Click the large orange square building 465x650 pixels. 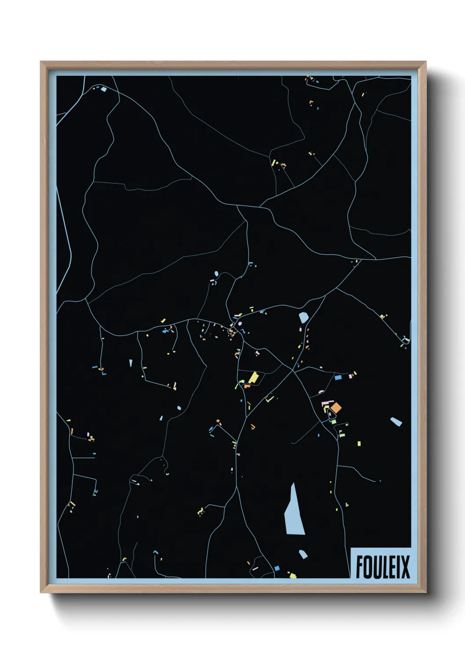coord(336,408)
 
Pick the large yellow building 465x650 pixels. coord(253,378)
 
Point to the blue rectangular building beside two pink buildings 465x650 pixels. coord(338,377)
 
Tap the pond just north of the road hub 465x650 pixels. coord(303,317)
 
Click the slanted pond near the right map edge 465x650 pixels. coord(396,422)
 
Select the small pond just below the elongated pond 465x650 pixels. coord(303,554)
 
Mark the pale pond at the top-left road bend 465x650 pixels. coord(104,89)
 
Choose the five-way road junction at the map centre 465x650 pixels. coord(293,371)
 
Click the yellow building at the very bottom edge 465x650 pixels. coord(293,575)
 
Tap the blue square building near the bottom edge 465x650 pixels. coord(277,568)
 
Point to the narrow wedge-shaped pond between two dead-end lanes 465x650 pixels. coord(131,363)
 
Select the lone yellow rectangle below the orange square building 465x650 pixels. coord(359,444)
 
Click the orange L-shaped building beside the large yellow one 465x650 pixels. coord(247,386)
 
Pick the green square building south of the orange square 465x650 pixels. coord(334,422)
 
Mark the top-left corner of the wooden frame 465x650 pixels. coord(41,62)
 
